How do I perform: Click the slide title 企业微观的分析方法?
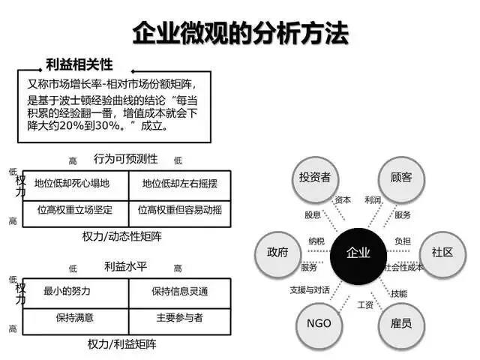click(241, 33)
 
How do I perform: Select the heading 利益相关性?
click(79, 64)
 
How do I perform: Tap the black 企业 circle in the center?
click(358, 256)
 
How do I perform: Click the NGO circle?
click(319, 325)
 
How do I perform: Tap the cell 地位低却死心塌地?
click(72, 183)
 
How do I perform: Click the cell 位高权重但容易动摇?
click(180, 210)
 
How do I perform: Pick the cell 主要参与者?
click(180, 318)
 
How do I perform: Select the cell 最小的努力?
click(67, 291)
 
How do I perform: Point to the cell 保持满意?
click(75, 318)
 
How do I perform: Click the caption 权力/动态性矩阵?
click(121, 237)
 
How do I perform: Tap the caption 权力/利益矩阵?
click(121, 344)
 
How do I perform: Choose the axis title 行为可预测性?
click(125, 159)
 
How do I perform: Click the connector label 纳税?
click(316, 241)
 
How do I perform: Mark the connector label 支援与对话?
click(310, 290)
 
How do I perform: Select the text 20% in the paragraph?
click(71, 126)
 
